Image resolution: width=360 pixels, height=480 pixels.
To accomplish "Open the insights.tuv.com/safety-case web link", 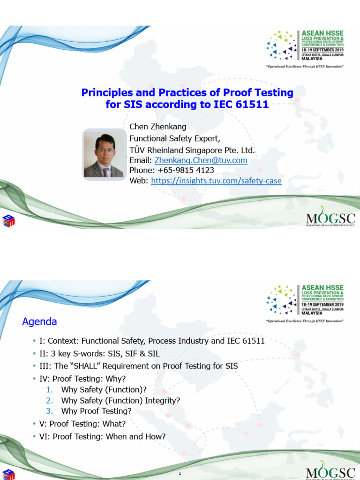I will click(216, 180).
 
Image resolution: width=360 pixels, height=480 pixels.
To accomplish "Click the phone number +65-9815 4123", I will click(184, 171).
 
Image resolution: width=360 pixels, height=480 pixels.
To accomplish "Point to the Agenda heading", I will click(40, 322).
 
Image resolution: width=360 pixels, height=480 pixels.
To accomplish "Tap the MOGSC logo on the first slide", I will click(330, 218).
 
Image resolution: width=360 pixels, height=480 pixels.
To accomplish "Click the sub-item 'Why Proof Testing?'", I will click(96, 411).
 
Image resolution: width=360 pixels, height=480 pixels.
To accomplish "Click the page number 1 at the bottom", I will click(180, 474).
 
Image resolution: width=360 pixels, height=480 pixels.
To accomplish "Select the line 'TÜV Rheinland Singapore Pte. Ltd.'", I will click(192, 150).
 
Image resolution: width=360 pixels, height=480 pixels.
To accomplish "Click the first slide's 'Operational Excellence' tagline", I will click(305, 67).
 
